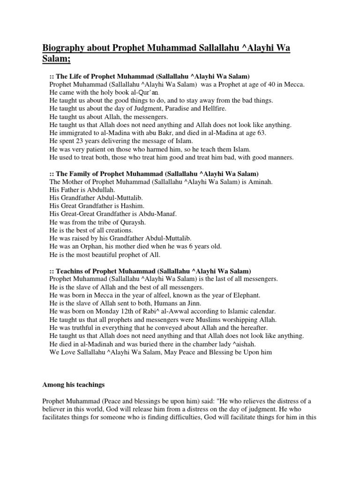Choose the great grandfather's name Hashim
[132, 206]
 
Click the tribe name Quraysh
[131, 222]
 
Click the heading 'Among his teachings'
[74, 385]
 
